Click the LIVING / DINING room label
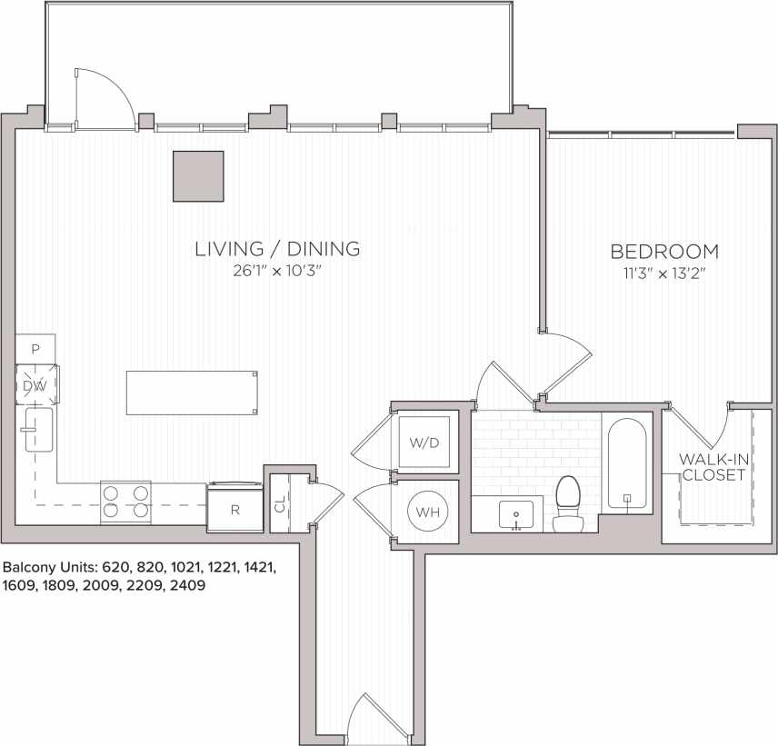pyautogui.click(x=278, y=248)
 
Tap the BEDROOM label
pyautogui.click(x=663, y=252)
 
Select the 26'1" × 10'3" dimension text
pyautogui.click(x=278, y=271)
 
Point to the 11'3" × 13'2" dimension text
pyautogui.click(x=663, y=274)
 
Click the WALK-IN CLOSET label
pyautogui.click(x=714, y=467)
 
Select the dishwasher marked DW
pyautogui.click(x=35, y=386)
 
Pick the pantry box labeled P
pyautogui.click(x=35, y=348)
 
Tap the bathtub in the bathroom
pyautogui.click(x=627, y=464)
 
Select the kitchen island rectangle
pyautogui.click(x=191, y=393)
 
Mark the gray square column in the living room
pyautogui.click(x=199, y=176)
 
